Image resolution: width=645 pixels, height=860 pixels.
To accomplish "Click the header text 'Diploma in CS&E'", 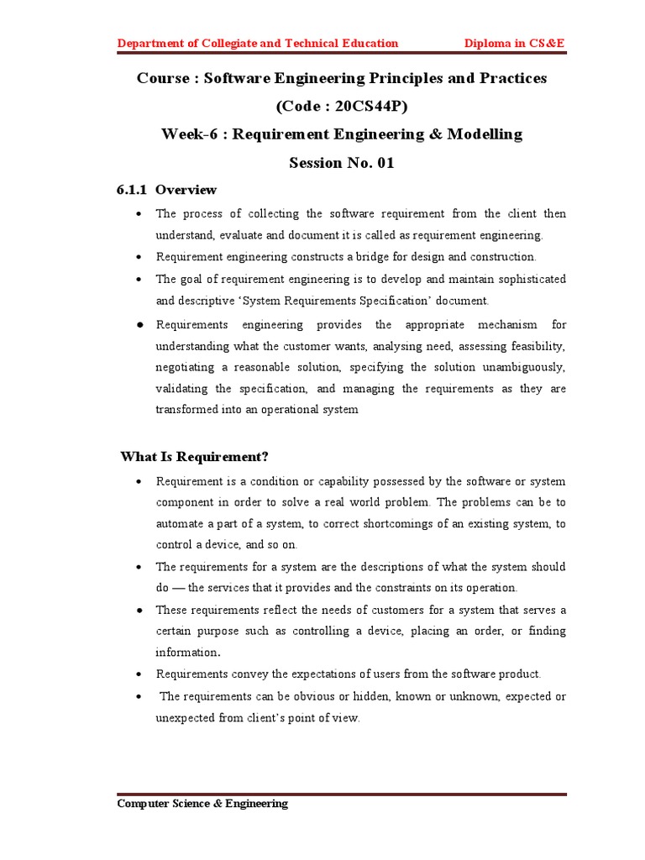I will point(516,44).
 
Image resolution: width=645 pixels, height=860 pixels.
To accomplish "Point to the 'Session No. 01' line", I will point(341,162).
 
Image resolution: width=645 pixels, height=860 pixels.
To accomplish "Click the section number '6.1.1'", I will point(133,190).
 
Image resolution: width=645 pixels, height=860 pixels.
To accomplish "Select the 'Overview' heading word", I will point(186,190).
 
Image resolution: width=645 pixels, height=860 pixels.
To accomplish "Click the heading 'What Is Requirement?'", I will point(194,457).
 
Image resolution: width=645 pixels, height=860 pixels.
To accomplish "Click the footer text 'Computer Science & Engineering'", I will point(202,804).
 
